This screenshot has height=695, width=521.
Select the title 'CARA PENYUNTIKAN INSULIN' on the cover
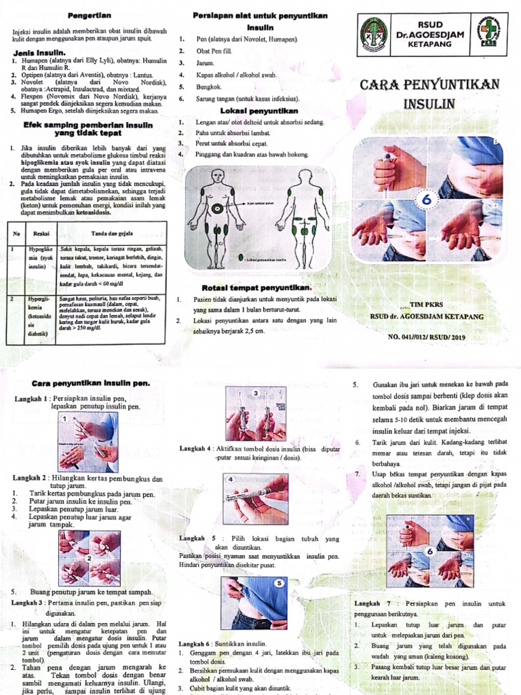432,94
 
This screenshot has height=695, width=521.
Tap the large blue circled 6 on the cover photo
428,202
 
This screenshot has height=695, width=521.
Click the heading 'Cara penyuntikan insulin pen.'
85,383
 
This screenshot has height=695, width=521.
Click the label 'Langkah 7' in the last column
374,603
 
